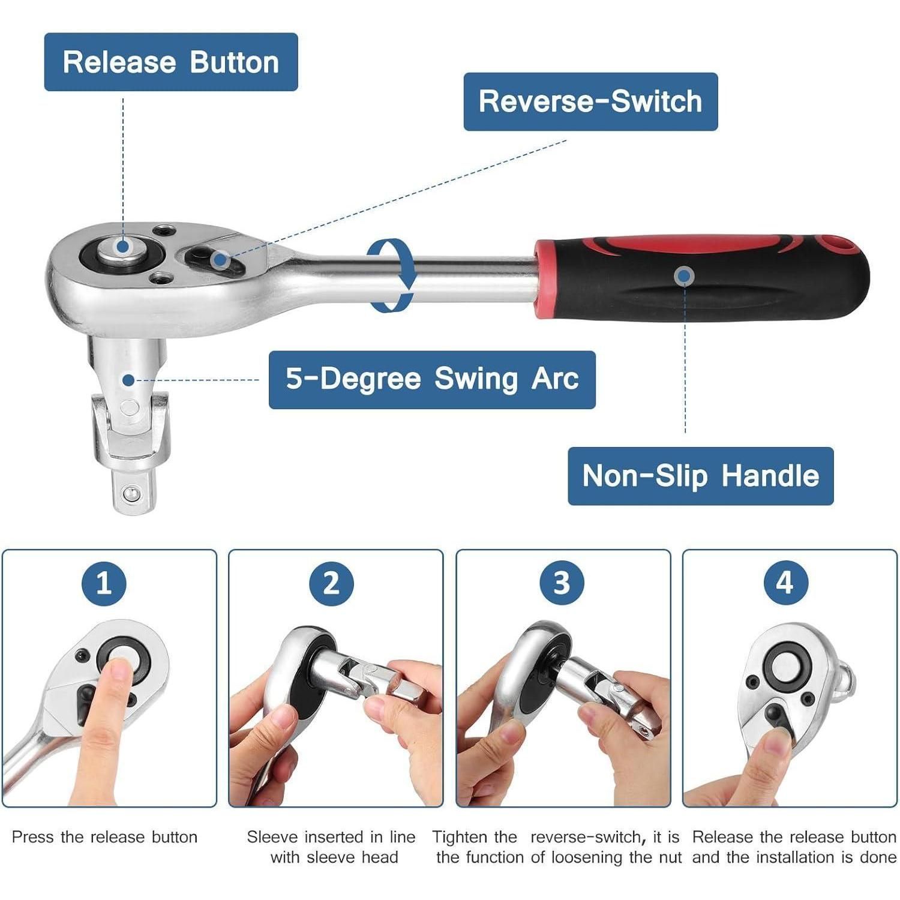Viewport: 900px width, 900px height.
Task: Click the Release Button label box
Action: point(171,62)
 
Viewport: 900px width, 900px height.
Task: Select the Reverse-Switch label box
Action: point(590,101)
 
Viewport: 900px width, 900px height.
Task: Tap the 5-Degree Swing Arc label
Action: point(432,380)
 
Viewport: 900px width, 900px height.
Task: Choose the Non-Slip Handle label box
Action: point(701,476)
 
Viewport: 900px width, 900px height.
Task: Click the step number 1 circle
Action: point(104,583)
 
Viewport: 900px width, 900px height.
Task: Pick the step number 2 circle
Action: point(332,583)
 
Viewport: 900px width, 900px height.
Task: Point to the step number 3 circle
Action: point(561,583)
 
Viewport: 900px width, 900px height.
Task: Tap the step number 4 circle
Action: point(785,583)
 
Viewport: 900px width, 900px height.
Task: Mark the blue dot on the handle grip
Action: point(684,276)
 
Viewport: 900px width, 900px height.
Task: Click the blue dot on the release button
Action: point(123,246)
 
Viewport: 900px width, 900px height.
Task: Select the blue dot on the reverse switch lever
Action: point(220,260)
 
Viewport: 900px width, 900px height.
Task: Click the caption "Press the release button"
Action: point(104,837)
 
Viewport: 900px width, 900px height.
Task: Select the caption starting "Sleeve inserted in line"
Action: point(332,847)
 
